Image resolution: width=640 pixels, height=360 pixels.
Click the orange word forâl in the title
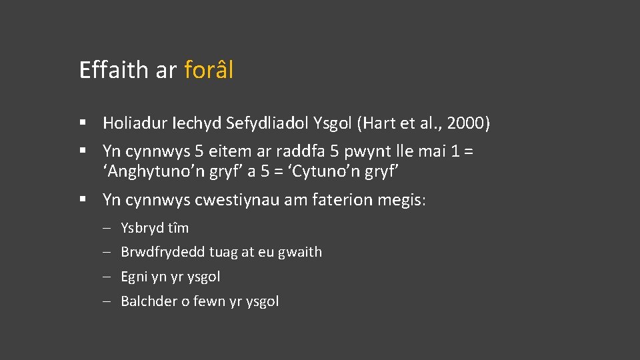tap(209, 70)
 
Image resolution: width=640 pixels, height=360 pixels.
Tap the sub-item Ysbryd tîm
tap(155, 228)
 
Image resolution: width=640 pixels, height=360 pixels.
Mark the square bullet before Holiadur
tap(83, 123)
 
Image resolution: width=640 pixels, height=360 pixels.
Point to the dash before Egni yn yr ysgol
tap(107, 277)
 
